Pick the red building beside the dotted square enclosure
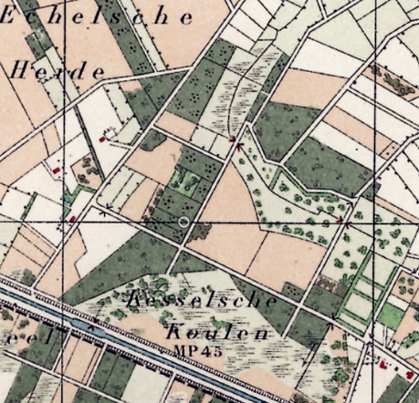[100, 139]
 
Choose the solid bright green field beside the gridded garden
[390, 315]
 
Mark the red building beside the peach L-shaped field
[57, 170]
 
